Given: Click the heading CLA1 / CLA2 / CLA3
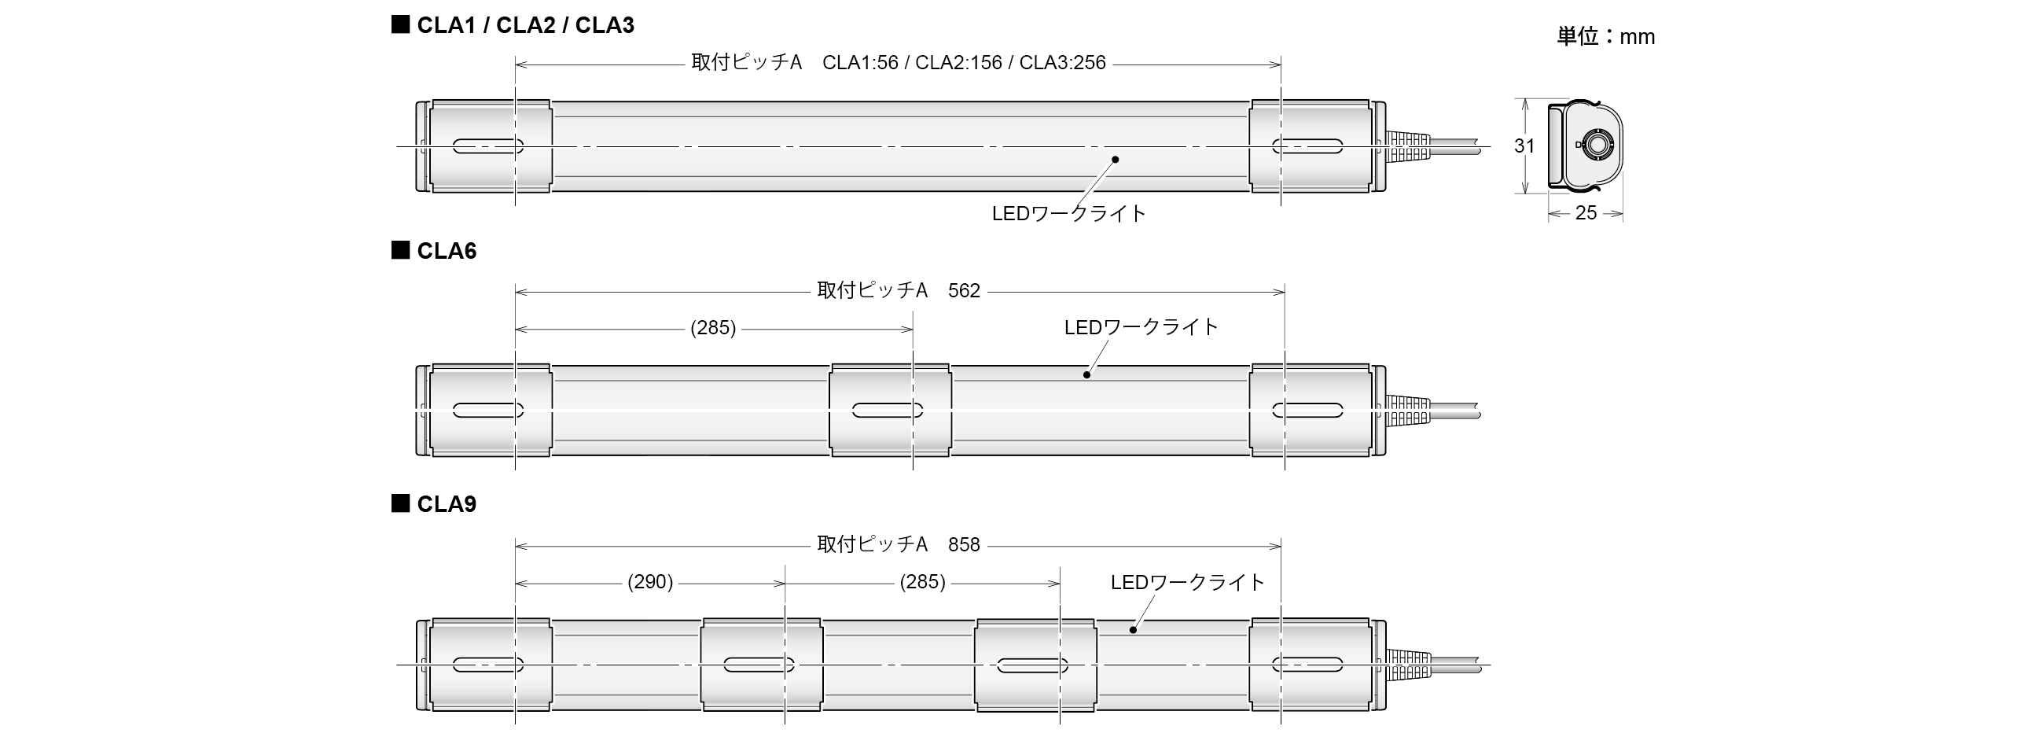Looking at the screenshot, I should click(x=524, y=25).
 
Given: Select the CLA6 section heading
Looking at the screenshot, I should click(x=446, y=251).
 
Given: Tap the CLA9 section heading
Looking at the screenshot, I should click(x=446, y=504).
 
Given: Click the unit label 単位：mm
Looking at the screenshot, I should click(x=1605, y=36).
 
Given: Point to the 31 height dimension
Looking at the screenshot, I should click(x=1524, y=146).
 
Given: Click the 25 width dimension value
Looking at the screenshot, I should click(x=1586, y=213).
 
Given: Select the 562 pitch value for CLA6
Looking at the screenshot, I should click(x=964, y=290).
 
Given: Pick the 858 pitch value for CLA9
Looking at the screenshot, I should click(x=964, y=545).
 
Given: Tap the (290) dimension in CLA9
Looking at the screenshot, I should click(x=650, y=582).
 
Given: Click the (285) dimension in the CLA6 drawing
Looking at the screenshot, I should click(x=712, y=328).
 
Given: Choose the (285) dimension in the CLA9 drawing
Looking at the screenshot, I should click(x=922, y=582).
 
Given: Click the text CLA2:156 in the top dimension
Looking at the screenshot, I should click(x=958, y=63).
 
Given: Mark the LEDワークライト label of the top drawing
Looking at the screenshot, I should click(x=1069, y=214).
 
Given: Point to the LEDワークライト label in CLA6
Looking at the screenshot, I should click(x=1140, y=327).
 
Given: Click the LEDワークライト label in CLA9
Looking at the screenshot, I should click(x=1186, y=582).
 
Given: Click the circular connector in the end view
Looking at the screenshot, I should click(x=1595, y=146).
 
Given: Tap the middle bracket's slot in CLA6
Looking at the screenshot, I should click(x=887, y=411).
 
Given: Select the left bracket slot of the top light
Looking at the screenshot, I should click(x=488, y=146).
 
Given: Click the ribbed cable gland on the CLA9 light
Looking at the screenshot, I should click(x=1409, y=665).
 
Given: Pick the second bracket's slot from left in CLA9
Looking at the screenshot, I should click(x=759, y=665).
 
